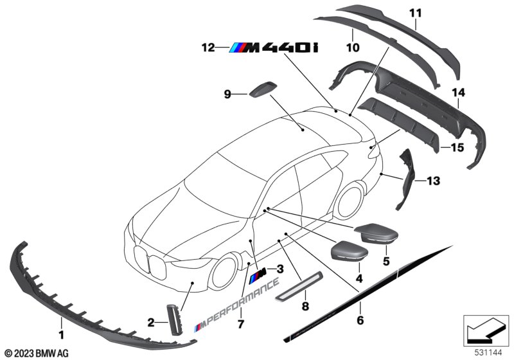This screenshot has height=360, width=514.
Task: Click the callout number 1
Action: point(61,335)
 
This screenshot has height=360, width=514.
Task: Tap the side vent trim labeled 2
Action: point(173,319)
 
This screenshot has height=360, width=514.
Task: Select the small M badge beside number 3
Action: point(258,274)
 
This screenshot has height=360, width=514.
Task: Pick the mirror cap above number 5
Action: point(377,233)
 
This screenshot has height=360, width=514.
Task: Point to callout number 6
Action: point(360,320)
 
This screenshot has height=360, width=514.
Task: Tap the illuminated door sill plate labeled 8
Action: point(299,285)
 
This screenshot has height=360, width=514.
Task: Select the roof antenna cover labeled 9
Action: point(263,89)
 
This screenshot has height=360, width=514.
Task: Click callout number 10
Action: point(353,48)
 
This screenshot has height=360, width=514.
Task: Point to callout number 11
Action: point(415,14)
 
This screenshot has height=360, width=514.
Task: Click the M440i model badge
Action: point(274,48)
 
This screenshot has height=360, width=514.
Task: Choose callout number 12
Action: point(208,48)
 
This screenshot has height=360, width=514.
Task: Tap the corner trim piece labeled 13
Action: point(405,179)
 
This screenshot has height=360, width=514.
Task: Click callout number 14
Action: point(458,93)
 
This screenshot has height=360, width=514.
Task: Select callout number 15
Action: point(457,148)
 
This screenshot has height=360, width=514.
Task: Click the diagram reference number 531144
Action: point(488,353)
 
